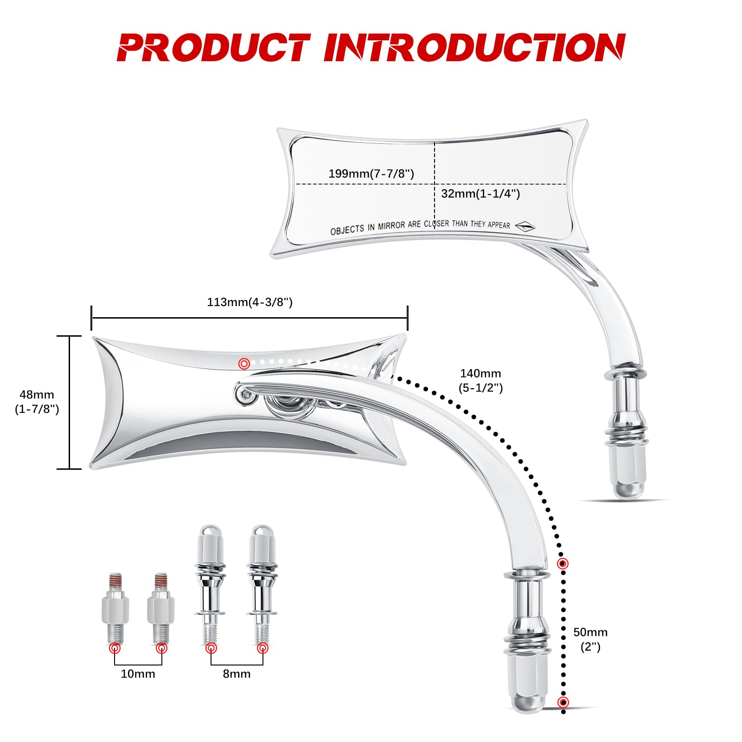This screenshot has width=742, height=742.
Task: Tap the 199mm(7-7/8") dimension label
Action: (x=371, y=173)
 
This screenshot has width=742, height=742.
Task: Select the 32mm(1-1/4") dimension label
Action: (x=480, y=193)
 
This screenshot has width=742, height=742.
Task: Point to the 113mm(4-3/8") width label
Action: (x=249, y=302)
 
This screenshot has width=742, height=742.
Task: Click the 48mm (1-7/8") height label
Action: (x=37, y=402)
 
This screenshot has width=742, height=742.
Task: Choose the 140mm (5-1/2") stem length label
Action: (x=480, y=380)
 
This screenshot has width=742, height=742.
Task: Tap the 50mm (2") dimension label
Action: (x=590, y=639)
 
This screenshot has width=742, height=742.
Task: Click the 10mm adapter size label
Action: (x=138, y=673)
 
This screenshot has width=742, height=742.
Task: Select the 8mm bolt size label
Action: (x=237, y=673)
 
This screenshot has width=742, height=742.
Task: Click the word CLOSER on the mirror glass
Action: (x=436, y=224)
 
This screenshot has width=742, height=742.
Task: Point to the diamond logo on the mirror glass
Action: (x=525, y=226)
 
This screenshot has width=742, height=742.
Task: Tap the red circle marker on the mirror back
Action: (x=244, y=364)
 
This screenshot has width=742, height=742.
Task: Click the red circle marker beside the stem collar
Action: (x=563, y=563)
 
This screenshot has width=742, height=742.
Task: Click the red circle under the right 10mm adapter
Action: (x=161, y=648)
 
